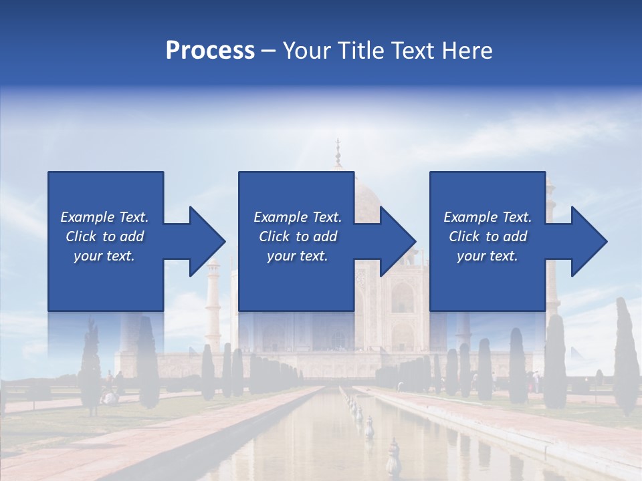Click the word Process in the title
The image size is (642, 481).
click(x=210, y=51)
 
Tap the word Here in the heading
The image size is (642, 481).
click(x=468, y=51)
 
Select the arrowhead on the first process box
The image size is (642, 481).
click(x=206, y=241)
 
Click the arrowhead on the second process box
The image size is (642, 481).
click(x=397, y=241)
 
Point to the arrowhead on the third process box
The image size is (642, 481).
click(x=588, y=241)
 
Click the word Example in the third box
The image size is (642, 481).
click(x=470, y=217)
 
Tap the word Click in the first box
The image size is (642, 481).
click(x=82, y=236)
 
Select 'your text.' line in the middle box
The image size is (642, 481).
click(x=297, y=256)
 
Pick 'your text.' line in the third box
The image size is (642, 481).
click(x=487, y=256)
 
